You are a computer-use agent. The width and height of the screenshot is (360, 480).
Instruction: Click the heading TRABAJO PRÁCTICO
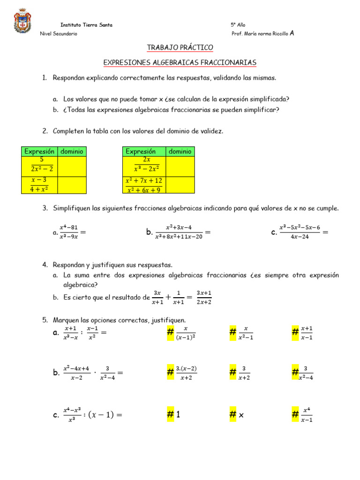click(x=180, y=47)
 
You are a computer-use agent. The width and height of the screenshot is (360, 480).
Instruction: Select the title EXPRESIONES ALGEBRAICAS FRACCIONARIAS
click(x=180, y=62)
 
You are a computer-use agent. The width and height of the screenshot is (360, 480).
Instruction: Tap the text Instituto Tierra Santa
click(x=86, y=25)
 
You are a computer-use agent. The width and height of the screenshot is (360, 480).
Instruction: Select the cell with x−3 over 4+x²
click(x=40, y=185)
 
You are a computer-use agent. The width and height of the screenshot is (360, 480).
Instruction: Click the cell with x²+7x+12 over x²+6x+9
click(x=144, y=185)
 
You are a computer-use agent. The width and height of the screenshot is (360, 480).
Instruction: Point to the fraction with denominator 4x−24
click(x=300, y=232)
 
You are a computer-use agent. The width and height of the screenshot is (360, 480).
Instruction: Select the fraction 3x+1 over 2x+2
click(x=204, y=297)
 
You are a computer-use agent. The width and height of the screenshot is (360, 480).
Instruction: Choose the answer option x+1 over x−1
click(x=307, y=333)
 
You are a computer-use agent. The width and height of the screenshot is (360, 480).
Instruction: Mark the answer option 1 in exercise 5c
click(x=178, y=415)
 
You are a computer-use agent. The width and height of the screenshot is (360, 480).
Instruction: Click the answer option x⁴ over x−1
click(x=307, y=415)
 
